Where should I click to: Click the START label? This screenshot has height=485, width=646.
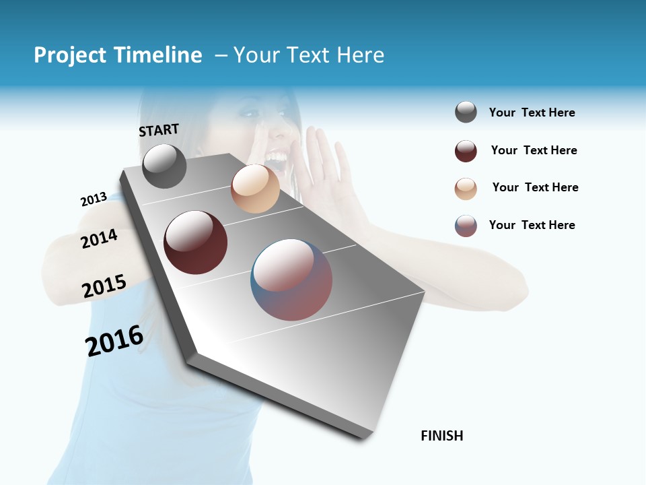pos(159,130)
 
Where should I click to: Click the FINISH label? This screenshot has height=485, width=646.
pos(441,436)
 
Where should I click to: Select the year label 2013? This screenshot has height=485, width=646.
pos(94,199)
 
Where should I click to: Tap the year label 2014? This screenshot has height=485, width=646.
pos(99,239)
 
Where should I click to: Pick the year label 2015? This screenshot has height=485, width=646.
pos(104,286)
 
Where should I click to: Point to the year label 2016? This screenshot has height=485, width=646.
pos(114,341)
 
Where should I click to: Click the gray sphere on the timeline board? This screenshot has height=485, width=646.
pos(164,166)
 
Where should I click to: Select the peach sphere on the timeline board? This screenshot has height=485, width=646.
pos(255,189)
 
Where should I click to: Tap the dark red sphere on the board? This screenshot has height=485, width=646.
pos(195,242)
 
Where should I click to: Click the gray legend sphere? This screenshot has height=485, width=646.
pos(466,112)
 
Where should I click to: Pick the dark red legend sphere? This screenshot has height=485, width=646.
pos(466,151)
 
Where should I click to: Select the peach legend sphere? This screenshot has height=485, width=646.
pos(466,189)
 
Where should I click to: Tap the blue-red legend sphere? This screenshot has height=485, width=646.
pos(466,226)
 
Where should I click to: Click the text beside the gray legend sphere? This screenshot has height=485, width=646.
pos(532,112)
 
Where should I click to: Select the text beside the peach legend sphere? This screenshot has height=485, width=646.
pos(535,187)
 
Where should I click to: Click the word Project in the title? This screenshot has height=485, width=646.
pos(71,55)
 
